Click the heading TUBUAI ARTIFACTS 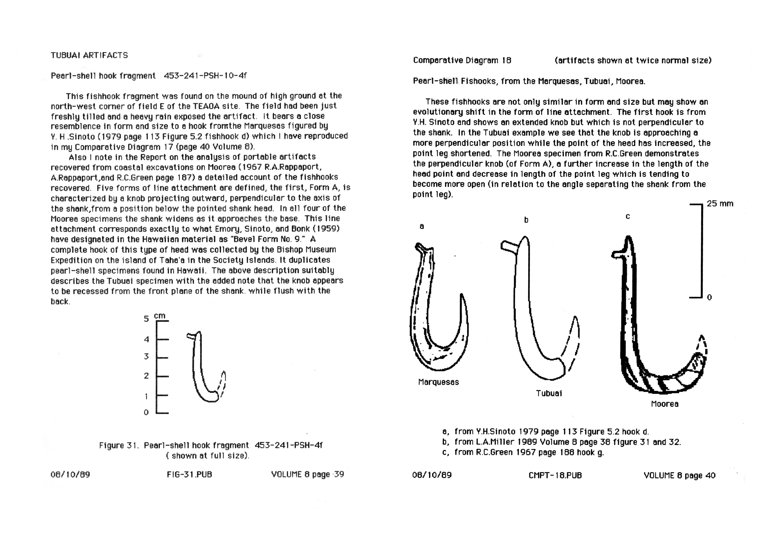(89, 55)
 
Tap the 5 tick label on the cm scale (146, 319)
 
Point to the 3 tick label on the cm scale (146, 357)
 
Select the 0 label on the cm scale (146, 412)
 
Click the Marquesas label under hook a (438, 382)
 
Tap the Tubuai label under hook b (549, 393)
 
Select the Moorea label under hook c (664, 404)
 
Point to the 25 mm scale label (720, 204)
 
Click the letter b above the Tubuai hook (526, 220)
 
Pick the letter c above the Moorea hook (628, 216)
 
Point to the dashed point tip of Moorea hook (702, 346)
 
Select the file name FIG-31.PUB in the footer (190, 474)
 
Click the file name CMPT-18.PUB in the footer (555, 475)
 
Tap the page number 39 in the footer (339, 474)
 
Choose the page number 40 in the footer (710, 475)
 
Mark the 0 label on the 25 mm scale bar (709, 298)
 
